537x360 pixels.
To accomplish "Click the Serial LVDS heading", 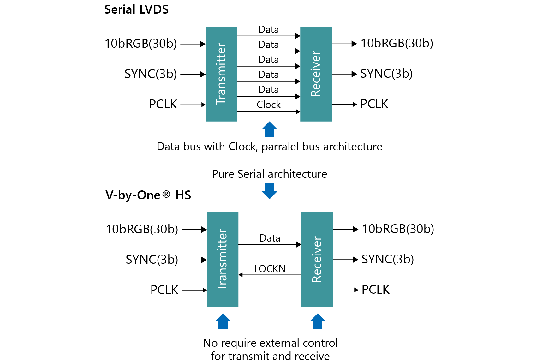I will coord(136,9).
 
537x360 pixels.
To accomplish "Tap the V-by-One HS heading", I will coord(148,195).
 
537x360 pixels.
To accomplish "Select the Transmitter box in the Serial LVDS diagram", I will coord(221,74).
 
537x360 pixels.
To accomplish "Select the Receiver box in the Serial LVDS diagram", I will coord(316,74).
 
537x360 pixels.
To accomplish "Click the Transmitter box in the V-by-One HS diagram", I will coord(223,260).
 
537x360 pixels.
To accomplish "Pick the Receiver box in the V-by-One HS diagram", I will coord(317,260).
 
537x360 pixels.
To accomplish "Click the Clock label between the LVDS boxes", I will coord(269,105).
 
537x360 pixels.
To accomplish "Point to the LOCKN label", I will coord(270,269).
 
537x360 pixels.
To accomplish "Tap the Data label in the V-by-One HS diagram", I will coord(270,238).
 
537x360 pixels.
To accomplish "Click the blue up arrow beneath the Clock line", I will coord(270,129).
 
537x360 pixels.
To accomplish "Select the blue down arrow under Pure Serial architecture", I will coord(270,191).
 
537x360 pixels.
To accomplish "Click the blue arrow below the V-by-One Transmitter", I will coord(223,321).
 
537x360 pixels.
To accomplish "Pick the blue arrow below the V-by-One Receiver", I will coord(318,321).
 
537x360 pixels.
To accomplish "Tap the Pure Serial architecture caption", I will coord(270,174).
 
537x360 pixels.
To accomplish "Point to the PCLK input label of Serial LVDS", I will coord(163,104).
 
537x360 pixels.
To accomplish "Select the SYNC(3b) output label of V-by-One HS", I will coord(388,259).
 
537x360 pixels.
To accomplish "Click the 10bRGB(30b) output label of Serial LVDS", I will coord(397,43).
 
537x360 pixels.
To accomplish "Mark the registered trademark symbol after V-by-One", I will coord(166,194).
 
